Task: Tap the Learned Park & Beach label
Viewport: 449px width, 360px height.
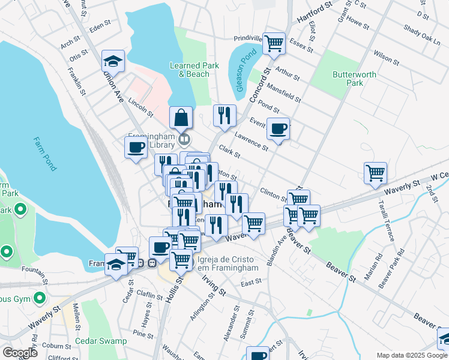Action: (x=190, y=70)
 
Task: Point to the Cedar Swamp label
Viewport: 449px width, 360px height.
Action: (x=101, y=341)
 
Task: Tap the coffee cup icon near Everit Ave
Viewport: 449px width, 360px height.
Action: (x=279, y=128)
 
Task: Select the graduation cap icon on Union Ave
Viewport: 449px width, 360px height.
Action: (x=112, y=61)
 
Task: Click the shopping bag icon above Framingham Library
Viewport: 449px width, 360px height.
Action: (x=181, y=118)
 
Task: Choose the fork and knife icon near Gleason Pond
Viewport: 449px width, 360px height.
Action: (x=224, y=116)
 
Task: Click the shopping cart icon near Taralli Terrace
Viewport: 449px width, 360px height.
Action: (x=375, y=173)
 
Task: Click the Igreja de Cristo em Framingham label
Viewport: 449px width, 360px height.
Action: (x=228, y=265)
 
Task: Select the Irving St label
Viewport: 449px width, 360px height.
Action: (x=213, y=286)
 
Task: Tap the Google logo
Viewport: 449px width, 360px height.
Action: (x=19, y=353)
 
